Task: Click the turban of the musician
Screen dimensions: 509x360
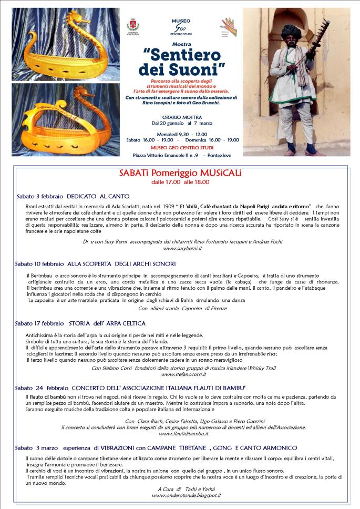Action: coord(290,33)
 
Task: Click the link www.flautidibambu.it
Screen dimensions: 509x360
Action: coord(182,433)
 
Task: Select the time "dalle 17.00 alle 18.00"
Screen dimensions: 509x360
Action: coord(180,182)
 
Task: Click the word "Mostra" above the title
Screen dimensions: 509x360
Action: coord(182,44)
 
